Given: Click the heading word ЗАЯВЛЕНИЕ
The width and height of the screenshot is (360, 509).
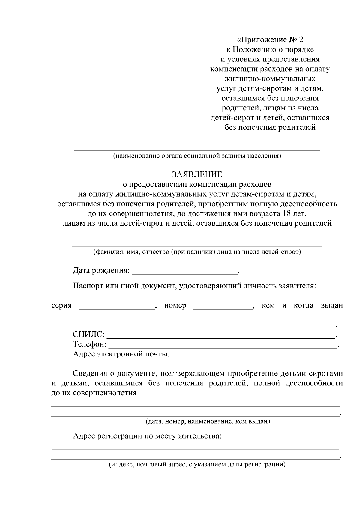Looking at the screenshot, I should point(197,174).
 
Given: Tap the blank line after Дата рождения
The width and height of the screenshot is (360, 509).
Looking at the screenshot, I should point(184,272).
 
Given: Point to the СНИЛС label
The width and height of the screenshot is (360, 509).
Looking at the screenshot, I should point(89,335).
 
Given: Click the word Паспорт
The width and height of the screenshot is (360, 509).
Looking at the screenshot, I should point(88,286).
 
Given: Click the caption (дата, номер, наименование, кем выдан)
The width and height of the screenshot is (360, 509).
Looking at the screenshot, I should point(208,421).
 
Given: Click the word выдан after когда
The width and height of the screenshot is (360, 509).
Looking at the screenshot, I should point(332,305).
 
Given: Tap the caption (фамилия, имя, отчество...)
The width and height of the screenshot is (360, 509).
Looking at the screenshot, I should point(197,252).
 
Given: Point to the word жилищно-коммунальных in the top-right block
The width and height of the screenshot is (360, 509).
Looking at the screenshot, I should point(270,79).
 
